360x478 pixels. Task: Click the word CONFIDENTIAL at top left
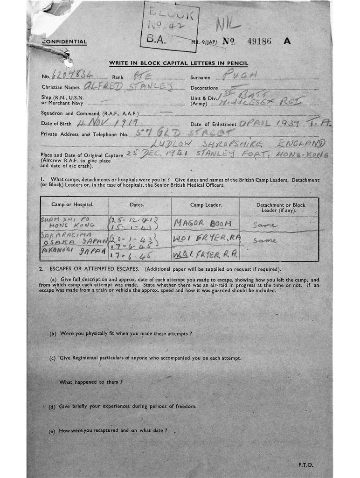pos(64,42)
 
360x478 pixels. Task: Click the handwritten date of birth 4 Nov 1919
pos(107,122)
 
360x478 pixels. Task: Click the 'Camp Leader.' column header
pos(206,205)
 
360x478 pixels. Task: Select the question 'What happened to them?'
pos(91,382)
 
